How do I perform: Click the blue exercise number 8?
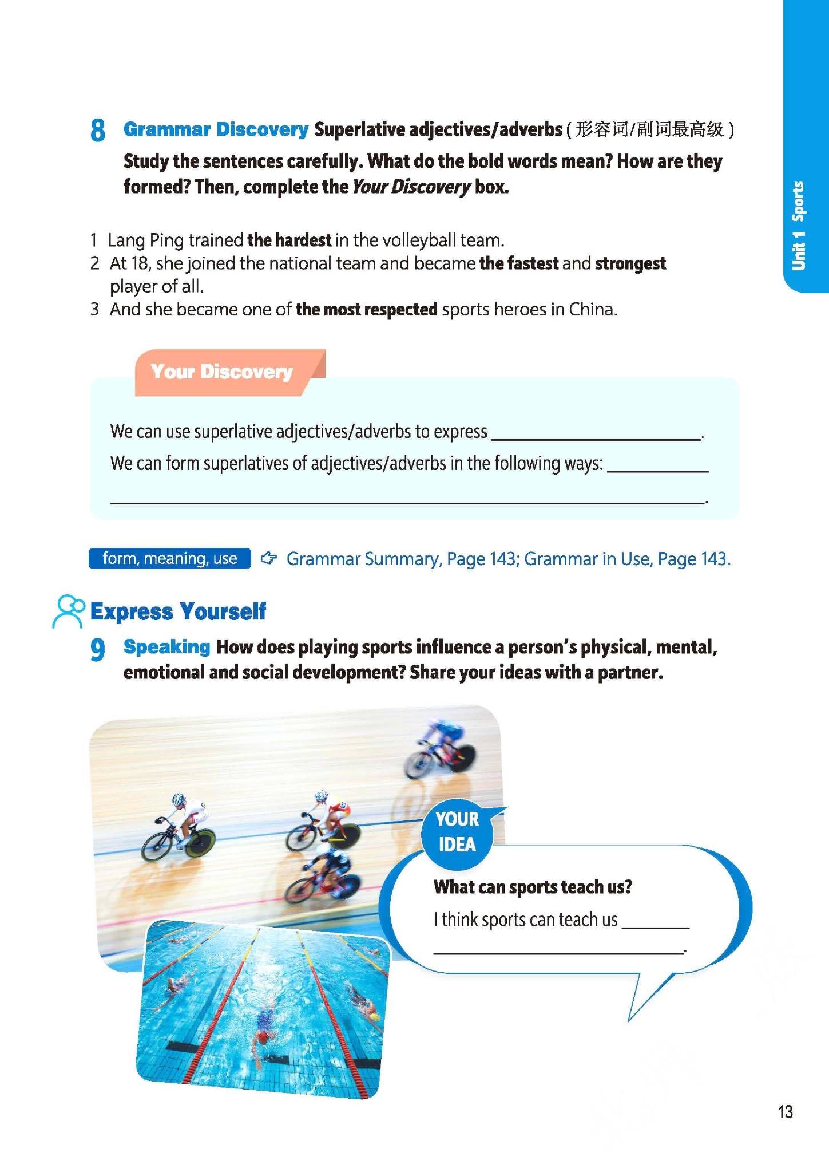98,131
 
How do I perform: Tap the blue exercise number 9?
98,649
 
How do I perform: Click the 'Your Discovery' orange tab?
222,372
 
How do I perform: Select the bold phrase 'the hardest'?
289,240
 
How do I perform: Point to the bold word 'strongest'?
630,263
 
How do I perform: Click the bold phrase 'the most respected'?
367,310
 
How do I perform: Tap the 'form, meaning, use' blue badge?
169,558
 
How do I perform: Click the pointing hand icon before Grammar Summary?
268,558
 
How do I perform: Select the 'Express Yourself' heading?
178,611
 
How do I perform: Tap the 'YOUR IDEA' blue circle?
457,832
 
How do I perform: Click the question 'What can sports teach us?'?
533,887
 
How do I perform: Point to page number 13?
785,1111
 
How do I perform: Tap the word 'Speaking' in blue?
167,647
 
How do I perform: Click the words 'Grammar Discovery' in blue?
216,129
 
